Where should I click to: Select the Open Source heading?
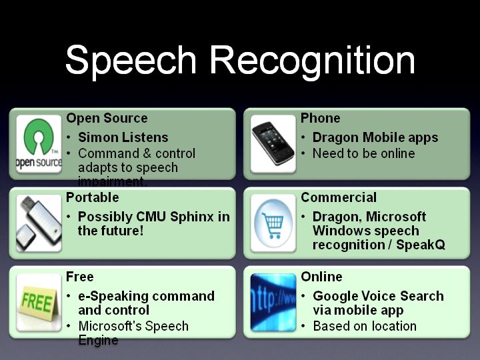(x=107, y=118)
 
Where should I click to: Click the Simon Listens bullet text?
(x=123, y=137)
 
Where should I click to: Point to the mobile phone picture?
(x=273, y=144)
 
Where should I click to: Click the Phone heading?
(x=320, y=118)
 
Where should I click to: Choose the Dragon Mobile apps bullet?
(x=375, y=137)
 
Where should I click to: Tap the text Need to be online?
(x=364, y=153)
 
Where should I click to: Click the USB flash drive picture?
(x=39, y=223)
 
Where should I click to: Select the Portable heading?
(x=93, y=197)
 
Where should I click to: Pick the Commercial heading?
(x=339, y=197)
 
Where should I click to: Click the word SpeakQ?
(x=420, y=245)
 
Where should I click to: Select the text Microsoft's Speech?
(x=133, y=326)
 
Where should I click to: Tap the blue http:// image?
(x=273, y=303)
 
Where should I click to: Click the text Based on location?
(x=365, y=326)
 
